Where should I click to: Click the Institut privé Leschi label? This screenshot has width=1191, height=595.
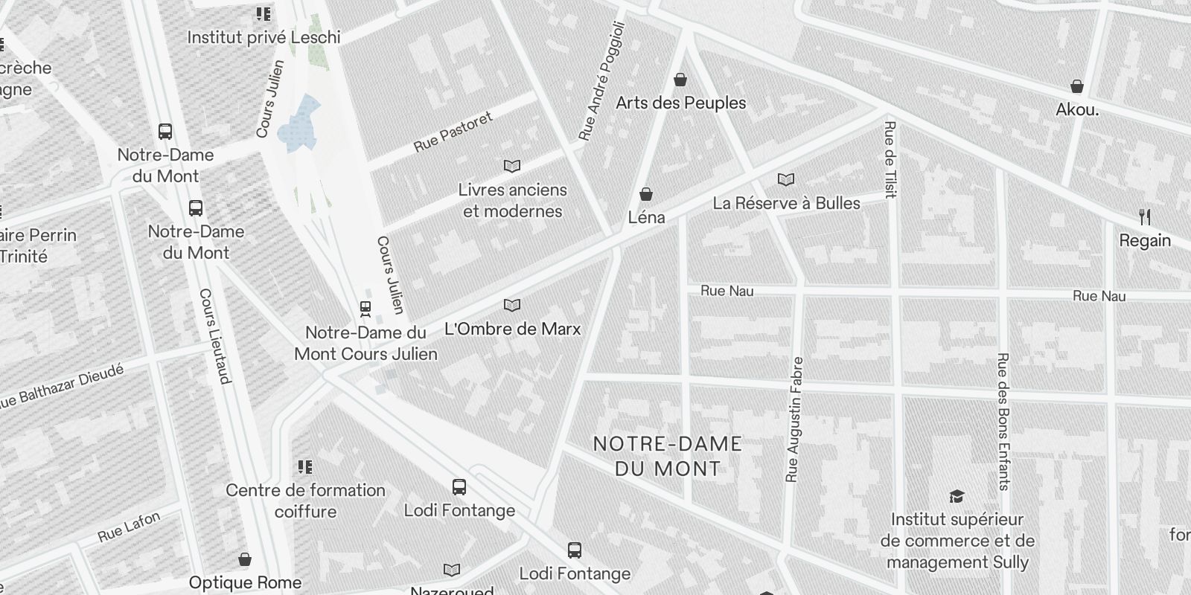(x=264, y=37)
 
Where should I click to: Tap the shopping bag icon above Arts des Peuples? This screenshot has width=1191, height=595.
(x=680, y=80)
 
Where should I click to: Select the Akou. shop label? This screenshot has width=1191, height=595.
(x=1077, y=109)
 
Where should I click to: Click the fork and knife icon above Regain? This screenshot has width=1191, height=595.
(x=1145, y=217)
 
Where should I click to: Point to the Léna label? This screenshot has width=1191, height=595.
(x=646, y=218)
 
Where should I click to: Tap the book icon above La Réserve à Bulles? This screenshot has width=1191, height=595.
(x=786, y=179)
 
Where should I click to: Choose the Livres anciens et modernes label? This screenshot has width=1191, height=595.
(x=513, y=200)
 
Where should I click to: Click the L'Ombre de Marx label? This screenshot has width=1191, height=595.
(x=512, y=329)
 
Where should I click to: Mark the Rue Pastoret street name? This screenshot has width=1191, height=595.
(x=453, y=132)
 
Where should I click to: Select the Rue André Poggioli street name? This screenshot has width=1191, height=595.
(x=602, y=80)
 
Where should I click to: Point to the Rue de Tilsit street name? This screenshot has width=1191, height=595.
(x=890, y=160)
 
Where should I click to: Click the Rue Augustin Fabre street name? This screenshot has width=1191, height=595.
(x=794, y=419)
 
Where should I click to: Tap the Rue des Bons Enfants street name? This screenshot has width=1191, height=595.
(x=1003, y=421)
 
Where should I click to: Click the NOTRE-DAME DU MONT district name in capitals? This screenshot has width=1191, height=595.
(x=667, y=456)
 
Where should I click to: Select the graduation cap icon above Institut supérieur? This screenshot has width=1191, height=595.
(x=957, y=496)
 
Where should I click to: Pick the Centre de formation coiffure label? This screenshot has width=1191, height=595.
(x=305, y=501)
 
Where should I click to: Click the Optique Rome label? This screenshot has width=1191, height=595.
(x=245, y=582)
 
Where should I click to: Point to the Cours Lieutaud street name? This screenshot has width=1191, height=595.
(x=215, y=336)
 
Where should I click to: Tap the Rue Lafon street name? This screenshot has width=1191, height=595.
(x=129, y=527)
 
